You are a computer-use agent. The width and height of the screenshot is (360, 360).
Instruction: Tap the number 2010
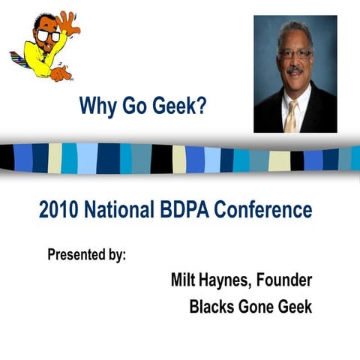(61, 210)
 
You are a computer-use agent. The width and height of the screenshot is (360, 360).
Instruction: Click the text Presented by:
(86, 253)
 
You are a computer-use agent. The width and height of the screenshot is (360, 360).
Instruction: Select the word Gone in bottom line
(260, 307)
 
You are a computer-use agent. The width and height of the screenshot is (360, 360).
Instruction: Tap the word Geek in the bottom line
(296, 307)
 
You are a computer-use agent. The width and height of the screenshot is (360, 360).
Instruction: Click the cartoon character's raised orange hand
(69, 22)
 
